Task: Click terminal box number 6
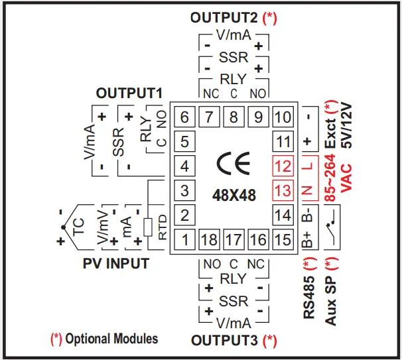click(184, 118)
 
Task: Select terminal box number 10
click(283, 118)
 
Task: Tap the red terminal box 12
click(283, 166)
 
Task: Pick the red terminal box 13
click(283, 191)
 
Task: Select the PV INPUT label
click(116, 264)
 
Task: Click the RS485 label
click(308, 290)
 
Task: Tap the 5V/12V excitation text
click(346, 125)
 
